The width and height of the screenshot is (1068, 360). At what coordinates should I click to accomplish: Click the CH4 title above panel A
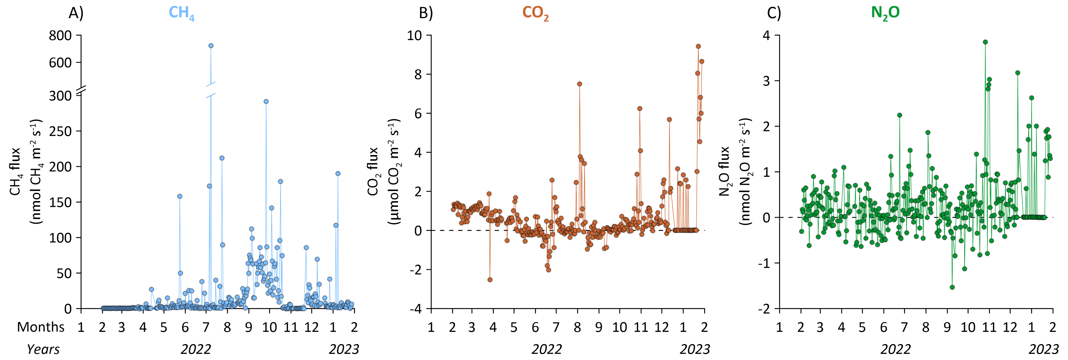point(181,13)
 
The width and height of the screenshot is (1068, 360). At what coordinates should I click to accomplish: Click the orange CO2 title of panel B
point(535,13)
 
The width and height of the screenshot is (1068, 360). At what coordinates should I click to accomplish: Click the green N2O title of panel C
point(885,13)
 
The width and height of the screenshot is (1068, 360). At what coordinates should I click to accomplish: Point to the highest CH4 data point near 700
point(211,46)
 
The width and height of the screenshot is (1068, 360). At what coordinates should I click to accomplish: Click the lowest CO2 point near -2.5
point(490,279)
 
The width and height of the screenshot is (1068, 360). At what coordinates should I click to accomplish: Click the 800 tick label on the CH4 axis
point(60,36)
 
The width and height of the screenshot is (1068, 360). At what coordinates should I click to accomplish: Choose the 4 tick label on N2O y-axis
point(766,36)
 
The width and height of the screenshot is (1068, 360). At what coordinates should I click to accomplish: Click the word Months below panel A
point(41,327)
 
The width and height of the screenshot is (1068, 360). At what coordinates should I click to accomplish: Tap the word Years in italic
point(43,349)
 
